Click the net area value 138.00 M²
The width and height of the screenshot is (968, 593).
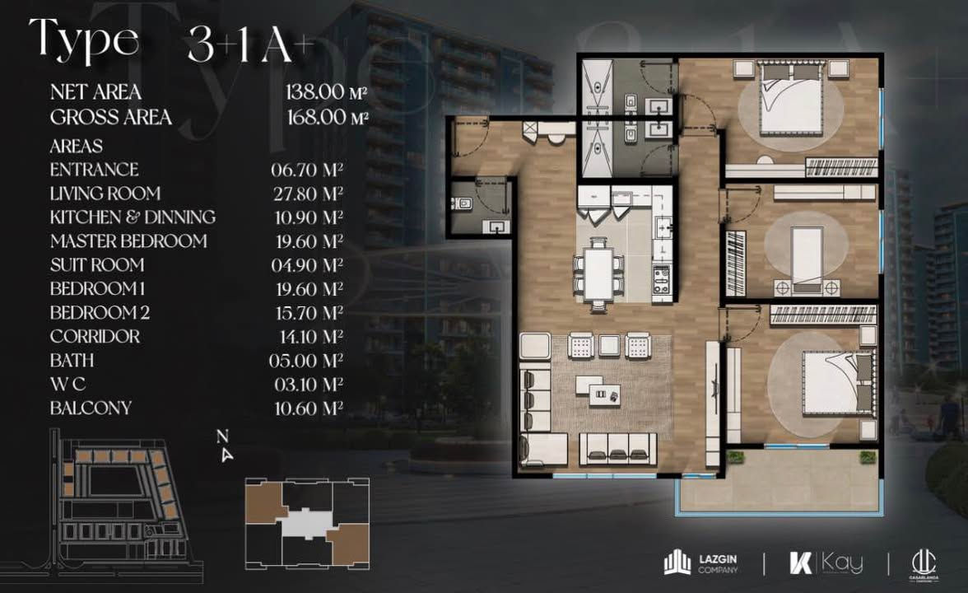click(x=326, y=92)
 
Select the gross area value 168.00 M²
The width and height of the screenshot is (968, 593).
click(x=328, y=117)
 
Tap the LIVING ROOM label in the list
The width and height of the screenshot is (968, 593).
click(x=105, y=194)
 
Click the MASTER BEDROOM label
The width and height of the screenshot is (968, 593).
click(x=128, y=240)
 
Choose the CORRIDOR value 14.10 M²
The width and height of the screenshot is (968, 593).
click(x=309, y=337)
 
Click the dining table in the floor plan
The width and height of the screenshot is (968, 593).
click(x=599, y=273)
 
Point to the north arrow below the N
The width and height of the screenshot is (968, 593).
click(x=227, y=455)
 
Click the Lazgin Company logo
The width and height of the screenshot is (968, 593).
click(x=700, y=563)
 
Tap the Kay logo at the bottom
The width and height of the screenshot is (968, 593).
click(x=826, y=563)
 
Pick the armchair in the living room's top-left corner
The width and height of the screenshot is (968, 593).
click(x=535, y=346)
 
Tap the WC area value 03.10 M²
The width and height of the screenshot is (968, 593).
click(x=309, y=384)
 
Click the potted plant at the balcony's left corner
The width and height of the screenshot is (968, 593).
click(x=734, y=457)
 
